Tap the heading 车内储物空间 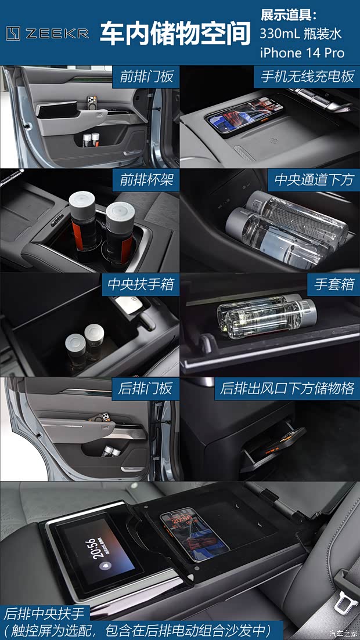(x=175, y=33)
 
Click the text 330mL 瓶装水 (x=300, y=34)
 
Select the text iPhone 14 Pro (x=302, y=53)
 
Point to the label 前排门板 (x=146, y=77)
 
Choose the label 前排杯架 (x=146, y=180)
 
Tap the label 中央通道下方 (x=314, y=180)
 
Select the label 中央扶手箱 (x=141, y=285)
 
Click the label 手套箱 (x=330, y=285)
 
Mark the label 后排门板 (x=145, y=388)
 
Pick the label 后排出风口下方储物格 (x=287, y=388)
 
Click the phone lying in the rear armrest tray (x=194, y=534)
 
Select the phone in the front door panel (x=92, y=102)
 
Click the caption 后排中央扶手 (x=45, y=613)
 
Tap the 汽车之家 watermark (x=344, y=633)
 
